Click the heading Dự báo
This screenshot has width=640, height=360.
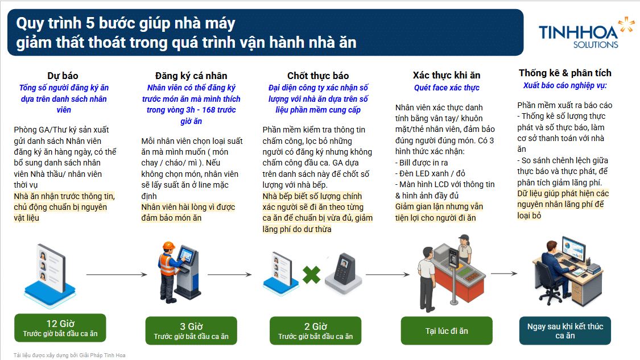pyautogui.click(x=63, y=76)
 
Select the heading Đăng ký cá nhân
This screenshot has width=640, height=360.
pyautogui.click(x=191, y=76)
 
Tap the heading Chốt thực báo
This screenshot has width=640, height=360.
pyautogui.click(x=318, y=76)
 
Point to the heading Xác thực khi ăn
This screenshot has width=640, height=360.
pyautogui.click(x=447, y=76)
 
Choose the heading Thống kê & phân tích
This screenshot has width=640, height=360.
pyautogui.click(x=565, y=73)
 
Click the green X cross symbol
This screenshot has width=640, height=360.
pyautogui.click(x=311, y=275)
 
